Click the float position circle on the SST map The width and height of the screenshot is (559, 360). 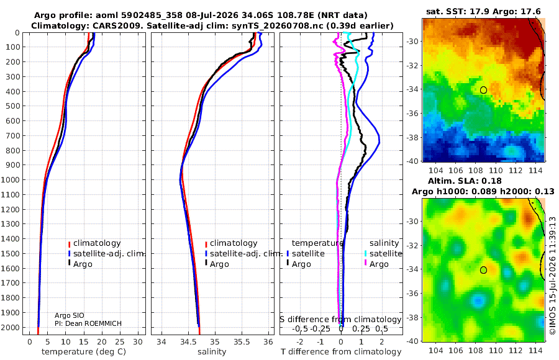point(483,90)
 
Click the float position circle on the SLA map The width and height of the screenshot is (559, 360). point(483,270)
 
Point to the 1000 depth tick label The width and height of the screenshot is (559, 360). point(11,179)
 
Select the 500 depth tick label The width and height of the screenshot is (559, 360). point(13,106)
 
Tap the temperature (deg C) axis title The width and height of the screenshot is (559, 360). point(84,352)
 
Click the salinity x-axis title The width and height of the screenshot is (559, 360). point(212,352)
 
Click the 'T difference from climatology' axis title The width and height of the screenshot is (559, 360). point(341,352)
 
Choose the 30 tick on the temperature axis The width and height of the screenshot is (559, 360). point(138,342)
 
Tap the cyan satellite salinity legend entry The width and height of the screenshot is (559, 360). point(383,254)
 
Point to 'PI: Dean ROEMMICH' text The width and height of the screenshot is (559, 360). point(88,323)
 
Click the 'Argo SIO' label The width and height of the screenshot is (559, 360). point(70,315)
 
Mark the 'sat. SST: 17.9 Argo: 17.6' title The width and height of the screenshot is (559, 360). point(483,12)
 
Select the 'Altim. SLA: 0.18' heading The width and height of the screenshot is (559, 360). point(465,181)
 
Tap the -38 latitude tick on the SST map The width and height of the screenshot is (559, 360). point(413,138)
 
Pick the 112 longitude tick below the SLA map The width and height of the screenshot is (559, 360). point(516,350)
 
